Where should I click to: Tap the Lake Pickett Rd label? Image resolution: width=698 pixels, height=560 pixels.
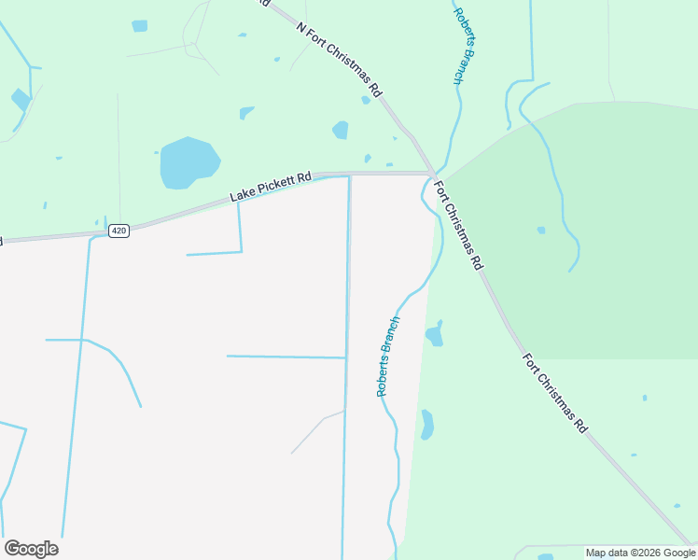[x=271, y=187]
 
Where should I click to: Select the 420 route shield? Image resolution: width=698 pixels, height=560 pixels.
[x=118, y=230]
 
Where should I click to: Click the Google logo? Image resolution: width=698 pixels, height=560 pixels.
[x=31, y=549]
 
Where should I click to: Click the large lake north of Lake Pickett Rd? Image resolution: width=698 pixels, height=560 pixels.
[x=189, y=163]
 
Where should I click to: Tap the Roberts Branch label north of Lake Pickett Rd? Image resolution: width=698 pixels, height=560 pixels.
[x=464, y=46]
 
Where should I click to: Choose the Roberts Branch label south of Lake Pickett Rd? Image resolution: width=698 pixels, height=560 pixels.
[x=388, y=357]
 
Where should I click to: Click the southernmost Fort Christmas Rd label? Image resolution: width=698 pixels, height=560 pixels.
[x=554, y=392]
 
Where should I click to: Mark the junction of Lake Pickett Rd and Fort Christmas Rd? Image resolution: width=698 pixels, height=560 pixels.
[x=430, y=173]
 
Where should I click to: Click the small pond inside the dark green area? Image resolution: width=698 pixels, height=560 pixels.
[x=541, y=230]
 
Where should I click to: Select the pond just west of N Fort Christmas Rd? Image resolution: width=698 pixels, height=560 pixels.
[x=341, y=130]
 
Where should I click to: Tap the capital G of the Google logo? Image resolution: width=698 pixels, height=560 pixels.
[x=12, y=549]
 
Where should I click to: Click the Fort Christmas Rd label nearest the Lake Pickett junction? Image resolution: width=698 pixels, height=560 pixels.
[x=459, y=224]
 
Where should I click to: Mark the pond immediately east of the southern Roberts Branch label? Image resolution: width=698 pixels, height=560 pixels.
[x=434, y=335]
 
